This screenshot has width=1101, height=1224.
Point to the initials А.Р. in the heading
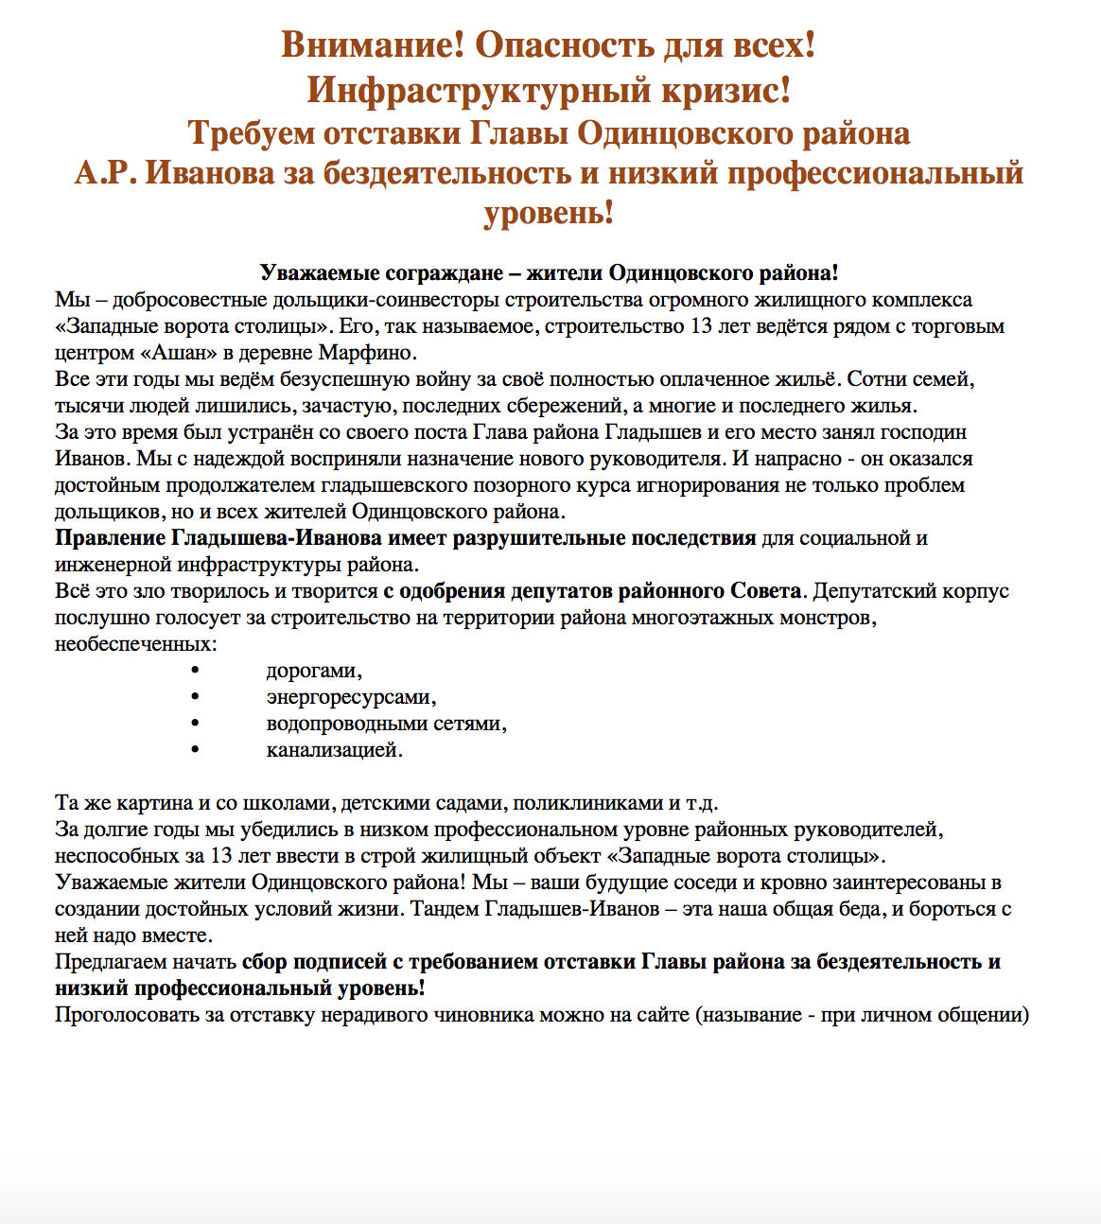click(x=106, y=174)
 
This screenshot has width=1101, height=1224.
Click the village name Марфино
click(x=375, y=353)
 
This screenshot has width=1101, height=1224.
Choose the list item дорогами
click(x=314, y=671)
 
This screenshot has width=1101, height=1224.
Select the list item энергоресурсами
click(x=351, y=697)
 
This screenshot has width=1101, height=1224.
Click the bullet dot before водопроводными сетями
click(x=196, y=724)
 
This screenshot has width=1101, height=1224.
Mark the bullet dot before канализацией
click(x=196, y=750)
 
